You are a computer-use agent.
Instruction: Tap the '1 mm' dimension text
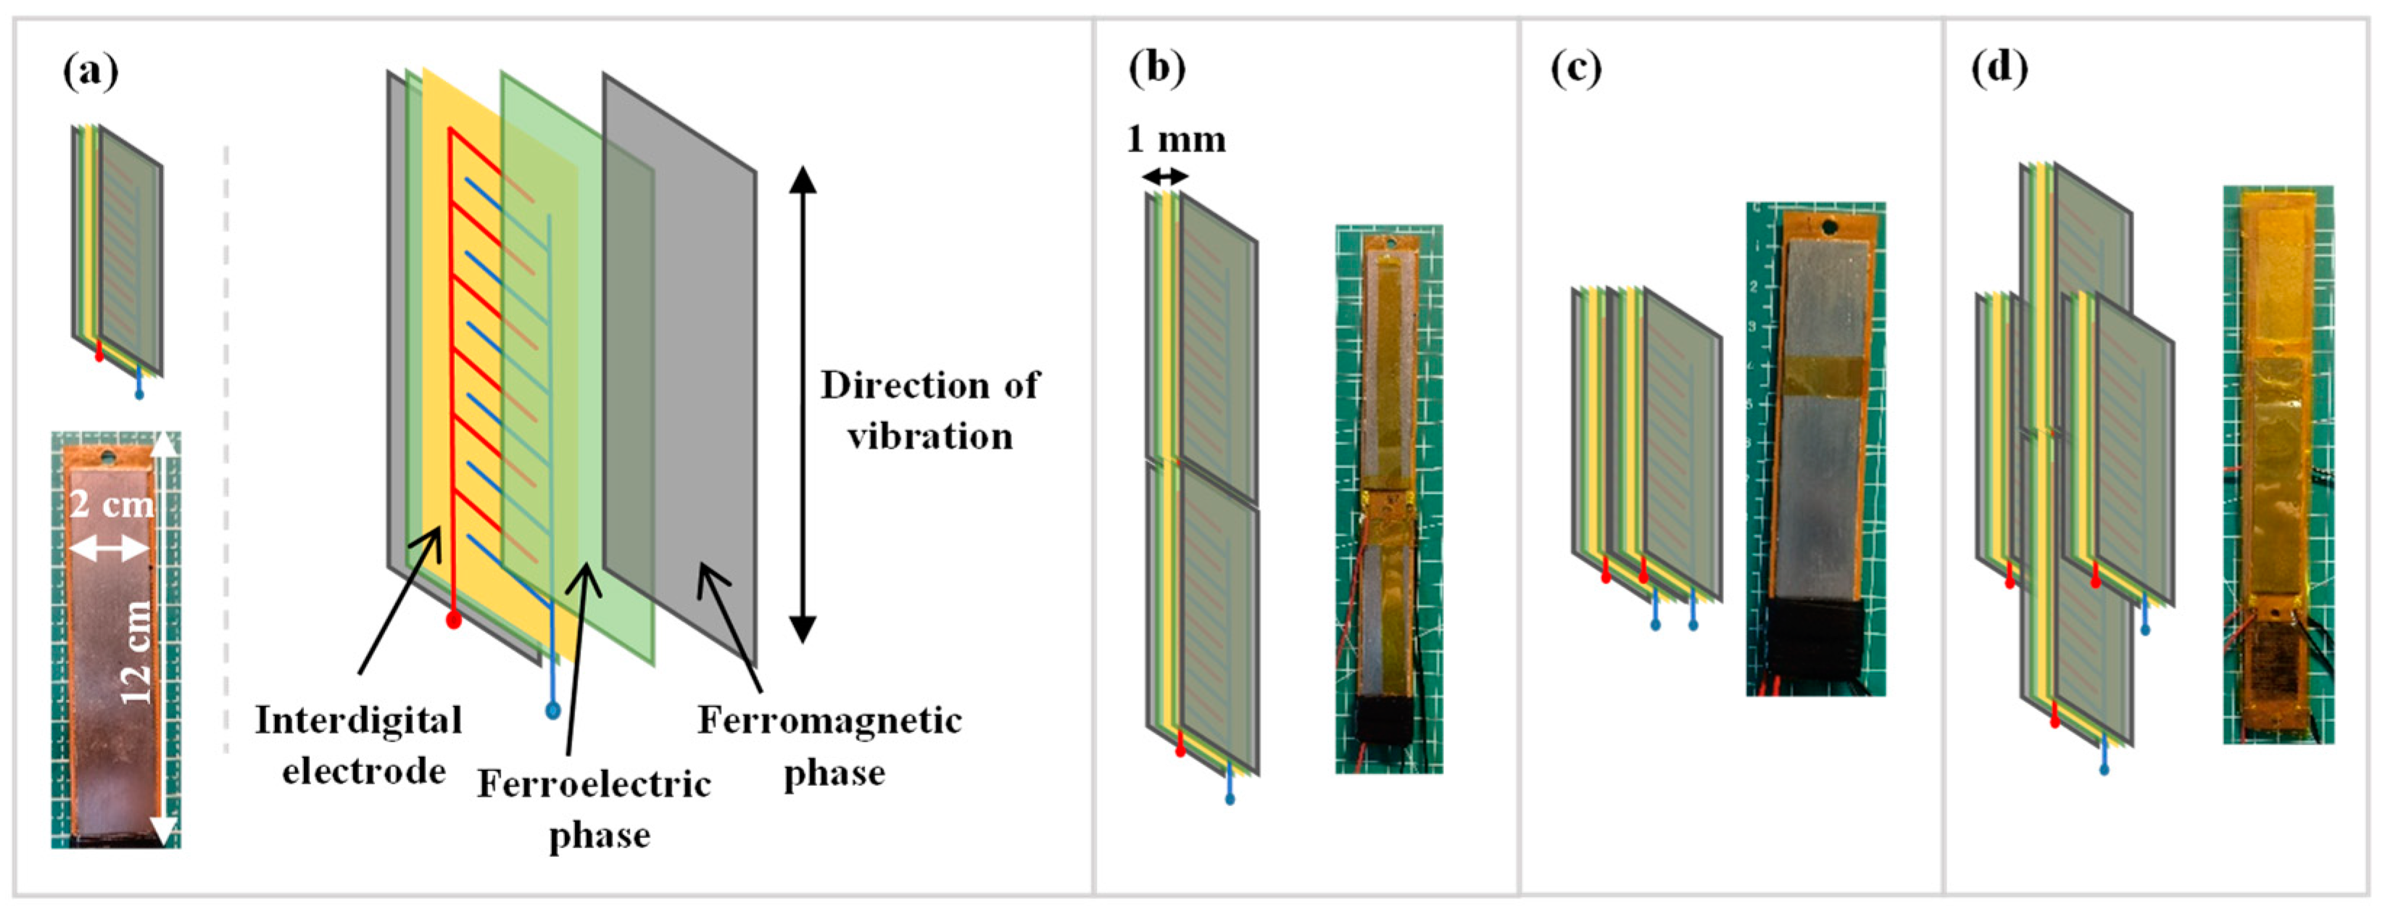pos(1175,140)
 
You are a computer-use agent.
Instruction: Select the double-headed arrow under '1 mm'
pos(1164,176)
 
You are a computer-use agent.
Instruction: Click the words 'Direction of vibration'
pos(930,410)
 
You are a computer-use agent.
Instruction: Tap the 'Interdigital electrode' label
pos(360,744)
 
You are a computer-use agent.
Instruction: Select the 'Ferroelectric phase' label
pos(595,808)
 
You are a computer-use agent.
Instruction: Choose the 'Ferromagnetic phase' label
pos(831,744)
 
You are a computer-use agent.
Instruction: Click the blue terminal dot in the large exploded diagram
pos(553,711)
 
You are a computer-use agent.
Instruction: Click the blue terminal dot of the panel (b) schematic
pos(1230,798)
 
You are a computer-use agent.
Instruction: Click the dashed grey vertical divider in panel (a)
pos(225,445)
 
